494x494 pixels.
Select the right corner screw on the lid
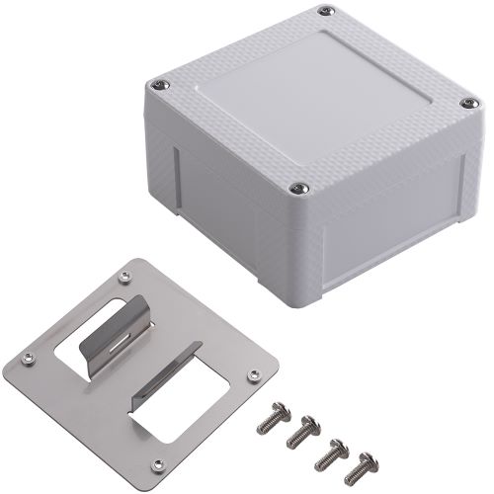[463, 101]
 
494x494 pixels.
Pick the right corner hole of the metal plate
[255, 374]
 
